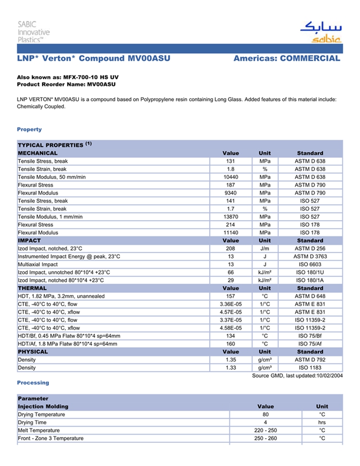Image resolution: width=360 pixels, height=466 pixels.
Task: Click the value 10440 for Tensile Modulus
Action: (230, 177)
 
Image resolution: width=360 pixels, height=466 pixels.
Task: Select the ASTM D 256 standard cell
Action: (310, 248)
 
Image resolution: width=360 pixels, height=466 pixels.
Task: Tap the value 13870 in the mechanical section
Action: (230, 217)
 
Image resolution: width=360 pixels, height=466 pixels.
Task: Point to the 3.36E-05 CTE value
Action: (230, 304)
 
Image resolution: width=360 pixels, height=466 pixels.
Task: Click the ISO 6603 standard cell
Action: (310, 264)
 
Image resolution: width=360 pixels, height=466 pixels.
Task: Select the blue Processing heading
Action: (33, 383)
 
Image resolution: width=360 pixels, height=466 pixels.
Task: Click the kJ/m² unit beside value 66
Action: (265, 272)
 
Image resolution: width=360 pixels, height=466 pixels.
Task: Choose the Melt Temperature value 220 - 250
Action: (265, 431)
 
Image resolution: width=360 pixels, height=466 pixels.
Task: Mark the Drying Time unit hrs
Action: (322, 422)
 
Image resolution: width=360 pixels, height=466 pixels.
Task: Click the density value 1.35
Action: (230, 360)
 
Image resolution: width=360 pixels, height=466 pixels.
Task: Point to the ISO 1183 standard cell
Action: (310, 368)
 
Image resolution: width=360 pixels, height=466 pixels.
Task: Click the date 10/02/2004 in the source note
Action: (328, 375)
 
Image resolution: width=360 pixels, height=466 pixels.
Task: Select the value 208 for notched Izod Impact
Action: (230, 248)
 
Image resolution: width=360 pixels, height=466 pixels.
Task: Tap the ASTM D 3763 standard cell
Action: (310, 256)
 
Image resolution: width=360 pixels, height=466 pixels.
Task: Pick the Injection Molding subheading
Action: (43, 406)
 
